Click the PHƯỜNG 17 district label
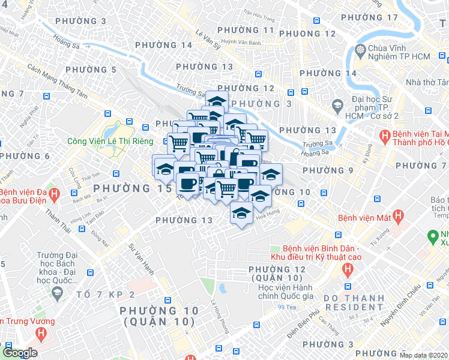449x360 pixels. point(376,17)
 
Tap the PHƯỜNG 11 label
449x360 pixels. point(246,30)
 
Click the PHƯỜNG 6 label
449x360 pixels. point(25,156)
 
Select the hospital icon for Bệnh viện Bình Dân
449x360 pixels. point(347,270)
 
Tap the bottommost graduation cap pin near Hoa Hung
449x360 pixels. point(241,214)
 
